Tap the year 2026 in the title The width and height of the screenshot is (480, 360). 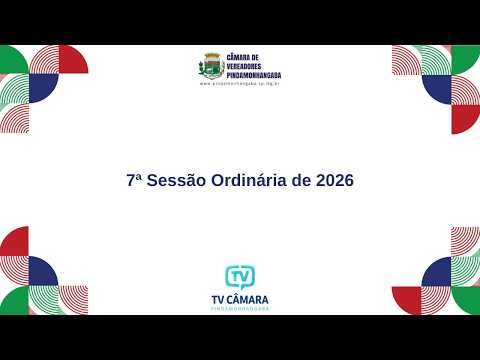[x=334, y=181]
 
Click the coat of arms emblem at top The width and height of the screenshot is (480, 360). [x=211, y=67]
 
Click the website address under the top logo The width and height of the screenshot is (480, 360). [x=240, y=84]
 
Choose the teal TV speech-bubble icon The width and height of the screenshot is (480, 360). [x=240, y=276]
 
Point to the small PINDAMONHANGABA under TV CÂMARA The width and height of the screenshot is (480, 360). [x=240, y=308]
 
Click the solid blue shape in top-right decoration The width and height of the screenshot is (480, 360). [x=437, y=88]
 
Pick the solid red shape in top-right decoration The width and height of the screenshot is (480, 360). [x=467, y=118]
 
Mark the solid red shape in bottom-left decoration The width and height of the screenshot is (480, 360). [x=12, y=242]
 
